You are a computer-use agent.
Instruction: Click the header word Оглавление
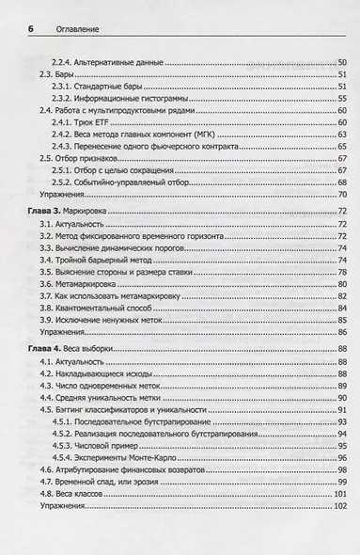[x=73, y=30]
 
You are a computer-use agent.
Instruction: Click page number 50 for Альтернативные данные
[x=342, y=62]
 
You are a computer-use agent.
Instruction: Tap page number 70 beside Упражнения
[x=342, y=196]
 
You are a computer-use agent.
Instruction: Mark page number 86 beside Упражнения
[x=342, y=331]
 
